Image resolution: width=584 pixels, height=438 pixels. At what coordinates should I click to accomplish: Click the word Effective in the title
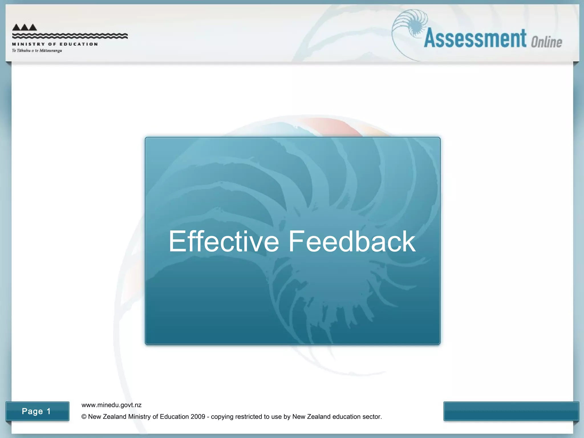tap(224, 242)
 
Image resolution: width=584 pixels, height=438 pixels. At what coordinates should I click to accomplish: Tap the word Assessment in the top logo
tap(475, 38)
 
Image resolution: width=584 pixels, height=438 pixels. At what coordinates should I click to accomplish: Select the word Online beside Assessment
tap(546, 42)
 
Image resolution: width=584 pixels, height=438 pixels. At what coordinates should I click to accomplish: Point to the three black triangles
tap(25, 27)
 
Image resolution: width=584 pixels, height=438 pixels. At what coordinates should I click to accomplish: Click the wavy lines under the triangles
tap(70, 36)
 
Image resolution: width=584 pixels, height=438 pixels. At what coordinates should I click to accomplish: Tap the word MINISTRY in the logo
tap(28, 44)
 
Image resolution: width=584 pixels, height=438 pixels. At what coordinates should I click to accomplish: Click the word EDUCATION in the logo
tap(79, 44)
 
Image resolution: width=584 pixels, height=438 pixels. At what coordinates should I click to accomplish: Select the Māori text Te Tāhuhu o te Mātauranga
tap(37, 51)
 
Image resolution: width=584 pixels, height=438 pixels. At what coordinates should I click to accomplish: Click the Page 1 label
tap(36, 411)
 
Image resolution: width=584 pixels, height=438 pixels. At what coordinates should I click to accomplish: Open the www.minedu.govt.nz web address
tap(111, 405)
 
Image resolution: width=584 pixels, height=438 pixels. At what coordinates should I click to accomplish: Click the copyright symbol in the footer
tap(84, 417)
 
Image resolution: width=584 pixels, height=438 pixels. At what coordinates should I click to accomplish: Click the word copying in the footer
tap(222, 417)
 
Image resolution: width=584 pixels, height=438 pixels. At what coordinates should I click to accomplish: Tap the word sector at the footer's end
tap(372, 417)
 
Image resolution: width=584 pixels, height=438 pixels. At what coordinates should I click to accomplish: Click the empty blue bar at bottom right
tap(511, 411)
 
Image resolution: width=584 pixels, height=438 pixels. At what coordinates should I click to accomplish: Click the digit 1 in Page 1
tap(48, 411)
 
